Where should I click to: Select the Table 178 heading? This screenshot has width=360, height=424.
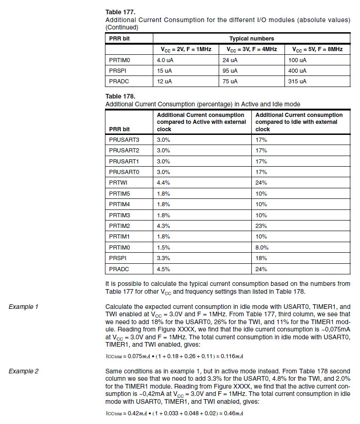click(x=121, y=96)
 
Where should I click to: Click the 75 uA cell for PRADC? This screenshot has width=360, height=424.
click(x=232, y=81)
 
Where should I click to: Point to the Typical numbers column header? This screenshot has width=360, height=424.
click(x=251, y=39)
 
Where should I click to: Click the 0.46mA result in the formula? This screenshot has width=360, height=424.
click(x=233, y=413)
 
